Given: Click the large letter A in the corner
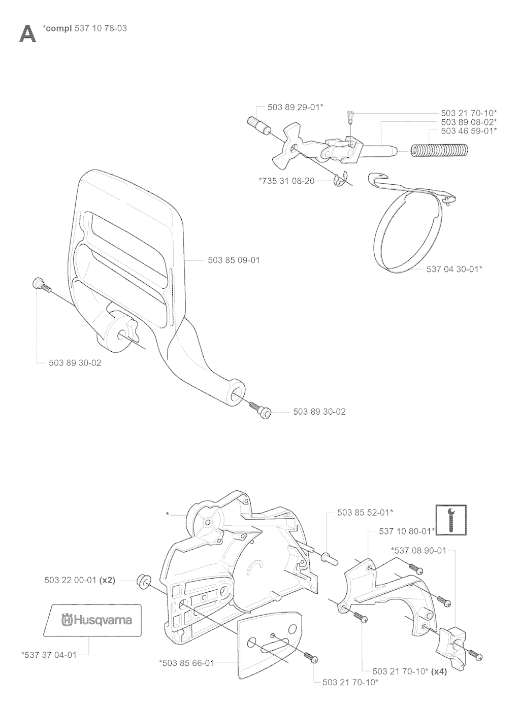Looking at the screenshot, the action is (27, 34).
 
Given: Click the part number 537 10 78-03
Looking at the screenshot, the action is (101, 28).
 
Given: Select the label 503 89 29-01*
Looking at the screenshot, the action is (296, 107).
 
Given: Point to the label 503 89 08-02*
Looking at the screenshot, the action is (469, 122).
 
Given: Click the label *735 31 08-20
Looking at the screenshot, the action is (286, 181).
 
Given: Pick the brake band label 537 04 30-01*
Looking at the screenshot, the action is (454, 269).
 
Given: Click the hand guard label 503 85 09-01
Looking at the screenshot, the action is (234, 260).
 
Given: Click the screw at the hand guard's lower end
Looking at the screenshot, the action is (260, 411).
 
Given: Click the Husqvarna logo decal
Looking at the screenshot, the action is (92, 620).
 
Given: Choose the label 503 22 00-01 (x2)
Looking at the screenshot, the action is (80, 580).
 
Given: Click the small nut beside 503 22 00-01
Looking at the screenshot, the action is (144, 582).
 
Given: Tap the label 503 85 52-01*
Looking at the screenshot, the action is (365, 513).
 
